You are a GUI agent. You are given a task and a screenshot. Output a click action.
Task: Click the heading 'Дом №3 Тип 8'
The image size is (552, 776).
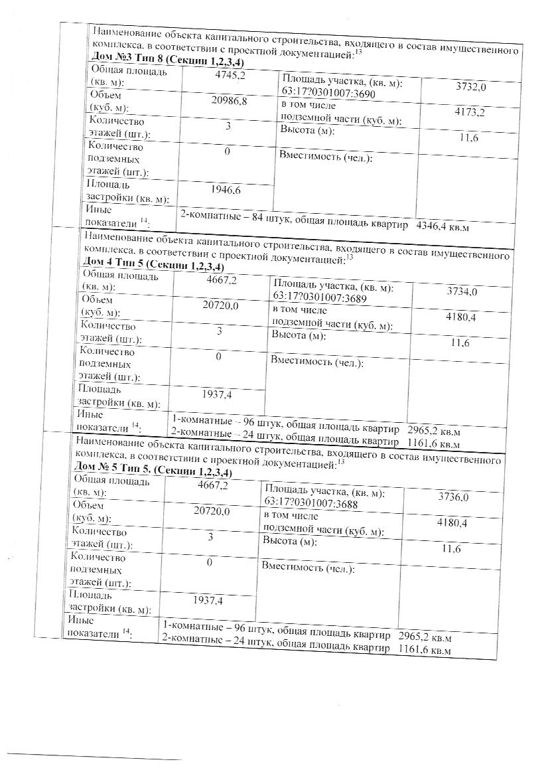click(x=125, y=61)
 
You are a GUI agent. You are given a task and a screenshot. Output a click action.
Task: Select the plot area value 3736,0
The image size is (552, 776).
click(x=454, y=497)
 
